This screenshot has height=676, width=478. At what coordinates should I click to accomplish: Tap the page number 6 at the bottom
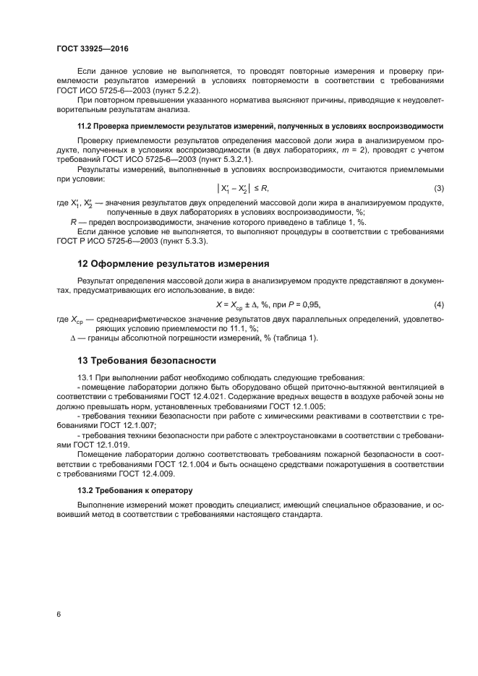59,614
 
